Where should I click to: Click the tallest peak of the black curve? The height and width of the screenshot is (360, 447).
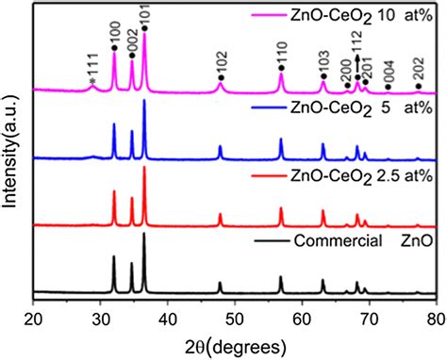[x=144, y=234]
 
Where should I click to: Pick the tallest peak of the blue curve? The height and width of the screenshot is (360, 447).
[x=144, y=100]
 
